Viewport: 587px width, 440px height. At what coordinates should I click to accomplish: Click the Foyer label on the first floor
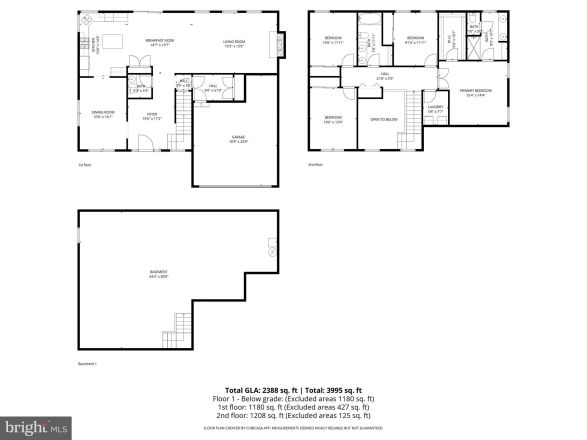coord(151,114)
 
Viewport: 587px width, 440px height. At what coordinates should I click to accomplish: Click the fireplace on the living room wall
coord(283,44)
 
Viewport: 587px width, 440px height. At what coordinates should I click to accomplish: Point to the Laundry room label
coord(435,109)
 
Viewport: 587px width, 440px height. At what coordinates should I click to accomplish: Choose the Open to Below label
coord(383,119)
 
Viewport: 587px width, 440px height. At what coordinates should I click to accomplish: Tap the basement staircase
coord(180,324)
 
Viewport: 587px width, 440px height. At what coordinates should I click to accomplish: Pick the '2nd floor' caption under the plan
coord(316,165)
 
